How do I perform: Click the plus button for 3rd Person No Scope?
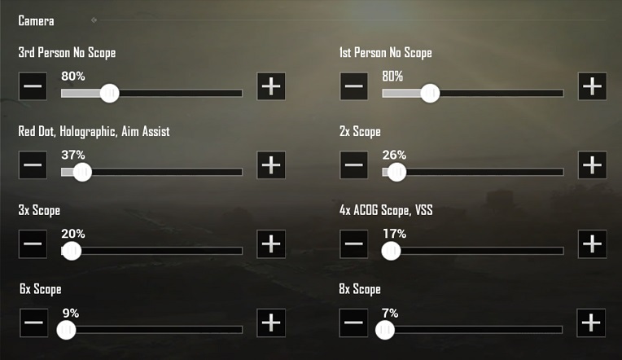[271, 86]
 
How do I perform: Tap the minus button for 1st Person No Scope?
[353, 86]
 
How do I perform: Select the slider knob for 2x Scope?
[396, 172]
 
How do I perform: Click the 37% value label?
[72, 155]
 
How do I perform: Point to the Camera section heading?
[36, 20]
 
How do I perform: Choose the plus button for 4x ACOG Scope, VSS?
[592, 244]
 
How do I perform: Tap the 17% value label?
[394, 234]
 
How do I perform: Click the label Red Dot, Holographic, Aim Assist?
[94, 131]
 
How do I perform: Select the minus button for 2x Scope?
[353, 165]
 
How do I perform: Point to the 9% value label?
[70, 313]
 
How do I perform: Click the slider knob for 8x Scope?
[384, 330]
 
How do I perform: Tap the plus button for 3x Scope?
[271, 244]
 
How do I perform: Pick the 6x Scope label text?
[40, 289]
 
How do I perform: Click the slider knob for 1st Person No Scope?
[430, 93]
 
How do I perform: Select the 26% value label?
[394, 155]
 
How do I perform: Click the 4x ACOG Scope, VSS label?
[386, 210]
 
